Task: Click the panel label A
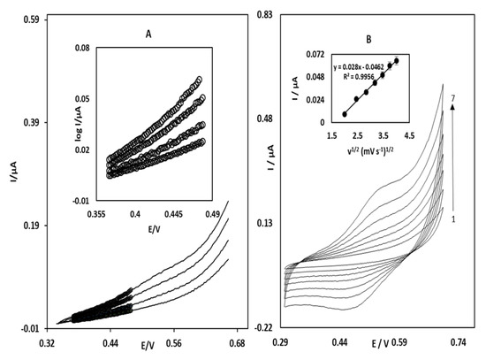coord(148,36)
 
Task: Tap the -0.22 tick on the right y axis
coord(263,327)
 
